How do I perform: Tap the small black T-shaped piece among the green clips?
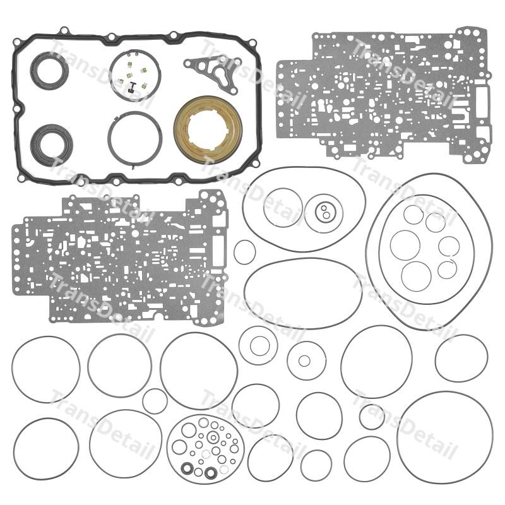(x=132, y=87)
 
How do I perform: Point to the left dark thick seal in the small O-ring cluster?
(x=186, y=468)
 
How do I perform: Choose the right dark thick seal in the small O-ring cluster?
(x=211, y=472)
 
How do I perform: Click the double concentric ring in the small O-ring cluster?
(x=213, y=437)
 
